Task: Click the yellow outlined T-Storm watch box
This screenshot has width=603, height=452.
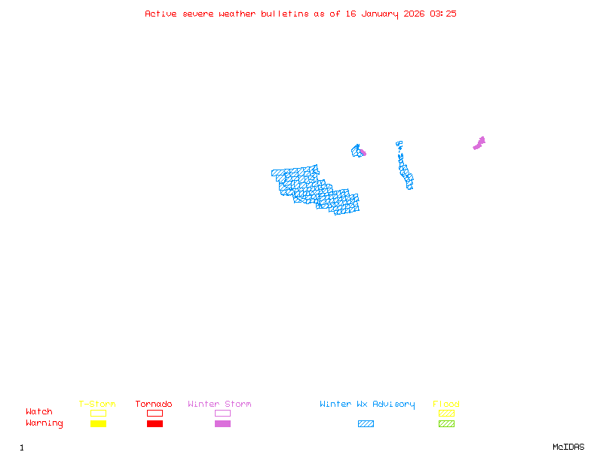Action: [98, 413]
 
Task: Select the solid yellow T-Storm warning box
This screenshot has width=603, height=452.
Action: [98, 424]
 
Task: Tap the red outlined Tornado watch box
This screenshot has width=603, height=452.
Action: [155, 413]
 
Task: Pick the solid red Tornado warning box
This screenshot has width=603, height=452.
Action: [155, 424]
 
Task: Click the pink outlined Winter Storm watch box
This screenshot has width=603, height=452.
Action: [222, 413]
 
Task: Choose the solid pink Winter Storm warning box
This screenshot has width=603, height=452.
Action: [222, 424]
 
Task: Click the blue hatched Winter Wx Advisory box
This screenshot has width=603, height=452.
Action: [366, 424]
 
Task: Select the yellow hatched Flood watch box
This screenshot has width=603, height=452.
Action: [446, 413]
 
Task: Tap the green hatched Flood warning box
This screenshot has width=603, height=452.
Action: [446, 424]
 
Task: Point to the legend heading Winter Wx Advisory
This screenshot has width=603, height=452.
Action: [367, 405]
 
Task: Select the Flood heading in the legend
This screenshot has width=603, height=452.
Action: [446, 405]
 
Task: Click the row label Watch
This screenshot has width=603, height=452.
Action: [39, 412]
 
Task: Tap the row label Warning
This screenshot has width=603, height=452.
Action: [44, 423]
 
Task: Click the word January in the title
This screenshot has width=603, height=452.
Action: [378, 14]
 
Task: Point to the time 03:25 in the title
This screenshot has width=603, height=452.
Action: [443, 14]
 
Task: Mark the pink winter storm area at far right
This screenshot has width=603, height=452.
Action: [479, 142]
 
